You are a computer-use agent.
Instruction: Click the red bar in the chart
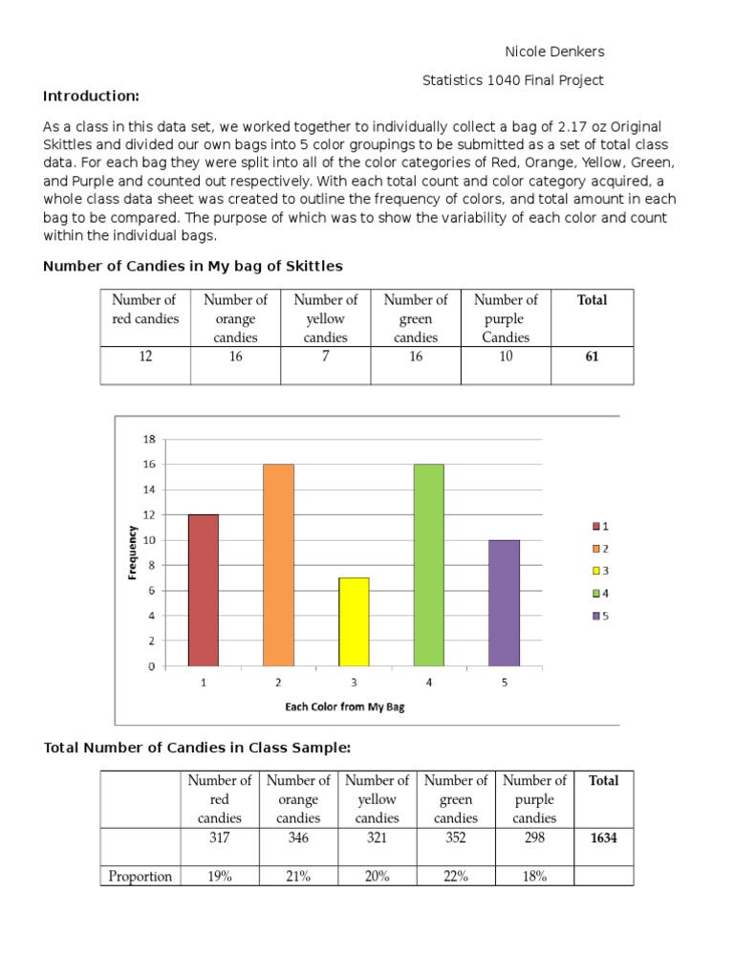[x=203, y=589]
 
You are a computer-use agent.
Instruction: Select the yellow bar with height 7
[x=354, y=621]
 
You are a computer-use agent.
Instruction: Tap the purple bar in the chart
[x=504, y=602]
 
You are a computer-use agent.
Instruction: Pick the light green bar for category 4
[x=428, y=564]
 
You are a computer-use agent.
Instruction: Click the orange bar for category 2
[x=278, y=564]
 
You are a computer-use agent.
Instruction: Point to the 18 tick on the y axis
[x=149, y=440]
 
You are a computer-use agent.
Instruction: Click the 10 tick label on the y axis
[x=149, y=540]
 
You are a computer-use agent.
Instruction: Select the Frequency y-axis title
[x=132, y=553]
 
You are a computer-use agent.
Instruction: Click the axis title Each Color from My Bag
[x=345, y=707]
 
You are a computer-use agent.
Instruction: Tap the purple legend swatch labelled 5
[x=595, y=616]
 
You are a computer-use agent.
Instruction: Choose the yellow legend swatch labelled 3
[x=595, y=571]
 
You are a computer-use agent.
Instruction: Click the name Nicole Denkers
[x=554, y=52]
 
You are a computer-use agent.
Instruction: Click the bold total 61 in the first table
[x=592, y=357]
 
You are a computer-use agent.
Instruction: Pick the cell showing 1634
[x=603, y=838]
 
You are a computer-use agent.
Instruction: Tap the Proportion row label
[x=140, y=876]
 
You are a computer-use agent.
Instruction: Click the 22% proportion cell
[x=455, y=876]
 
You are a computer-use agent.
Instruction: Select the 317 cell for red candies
[x=220, y=838]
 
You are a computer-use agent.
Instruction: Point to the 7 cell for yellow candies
[x=325, y=357]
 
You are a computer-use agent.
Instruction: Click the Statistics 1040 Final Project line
[x=513, y=80]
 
